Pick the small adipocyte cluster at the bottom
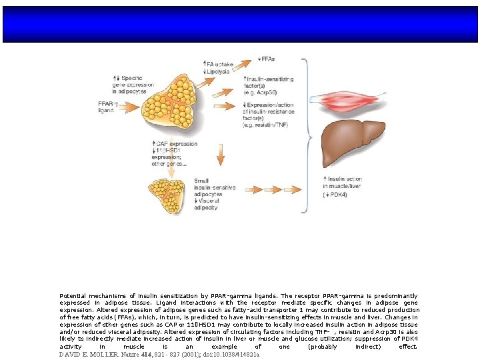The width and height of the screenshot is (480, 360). (169, 191)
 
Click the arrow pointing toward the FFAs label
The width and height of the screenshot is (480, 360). (245, 59)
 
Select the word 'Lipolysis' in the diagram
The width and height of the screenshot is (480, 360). (222, 70)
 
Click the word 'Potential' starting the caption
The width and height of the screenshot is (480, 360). (74, 295)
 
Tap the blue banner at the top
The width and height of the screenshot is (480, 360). (240, 25)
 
